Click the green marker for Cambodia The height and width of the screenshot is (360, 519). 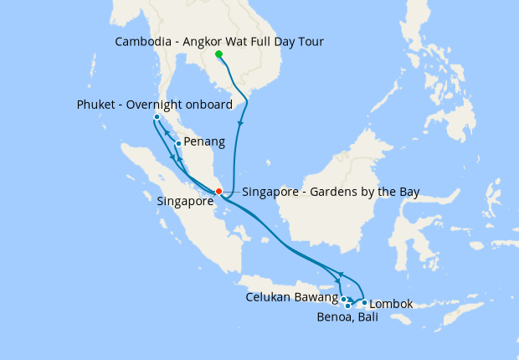tap(218, 54)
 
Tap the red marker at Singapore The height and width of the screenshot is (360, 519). tap(218, 192)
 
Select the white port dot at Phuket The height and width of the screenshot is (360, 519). tap(157, 116)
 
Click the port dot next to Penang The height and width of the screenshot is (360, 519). tap(178, 143)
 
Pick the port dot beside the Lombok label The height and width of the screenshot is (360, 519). tap(364, 303)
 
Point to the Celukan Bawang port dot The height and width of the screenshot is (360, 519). tap(344, 299)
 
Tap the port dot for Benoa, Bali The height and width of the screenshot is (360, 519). tap(347, 306)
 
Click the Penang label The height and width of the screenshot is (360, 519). tap(204, 142)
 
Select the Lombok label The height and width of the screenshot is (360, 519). tap(391, 303)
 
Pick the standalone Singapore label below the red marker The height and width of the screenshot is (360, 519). tap(185, 202)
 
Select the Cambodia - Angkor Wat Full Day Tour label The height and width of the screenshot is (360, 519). tap(218, 41)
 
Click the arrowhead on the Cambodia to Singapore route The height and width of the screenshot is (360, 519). tap(241, 124)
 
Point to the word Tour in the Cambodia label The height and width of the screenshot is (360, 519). tap(310, 41)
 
